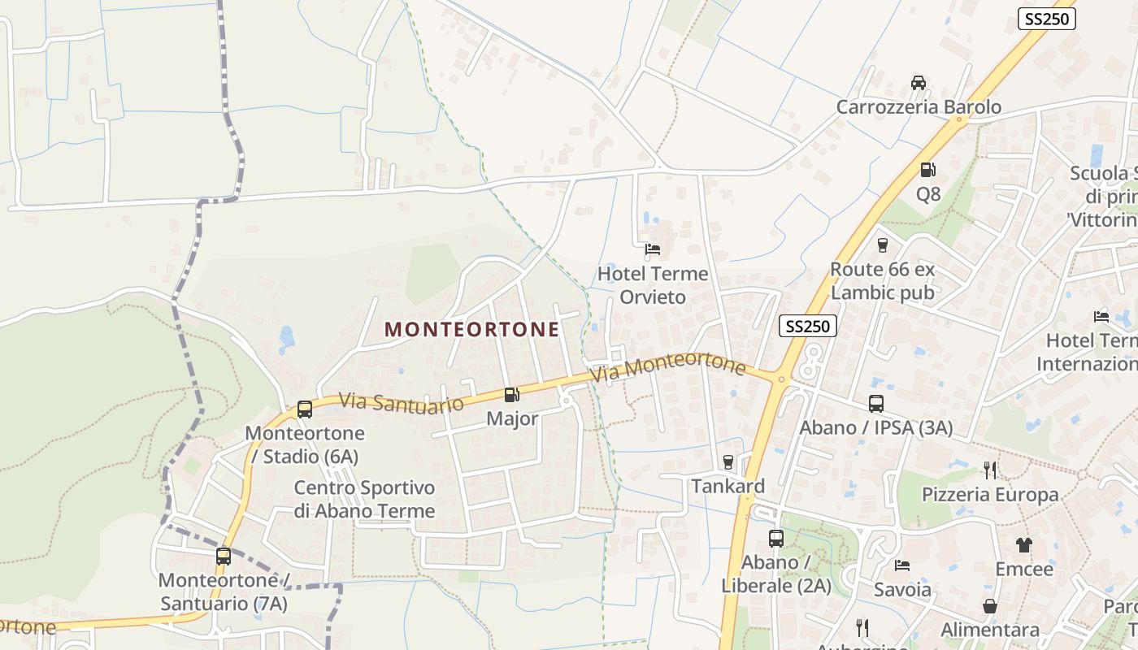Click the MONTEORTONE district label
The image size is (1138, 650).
click(471, 329)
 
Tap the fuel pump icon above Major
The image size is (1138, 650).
click(511, 395)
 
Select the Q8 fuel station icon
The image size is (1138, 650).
click(927, 170)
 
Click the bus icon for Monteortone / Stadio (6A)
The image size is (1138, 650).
click(305, 409)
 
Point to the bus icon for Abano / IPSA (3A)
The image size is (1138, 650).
click(875, 403)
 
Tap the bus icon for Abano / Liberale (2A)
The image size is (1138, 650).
click(775, 538)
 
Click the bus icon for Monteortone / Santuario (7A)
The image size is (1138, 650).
click(224, 557)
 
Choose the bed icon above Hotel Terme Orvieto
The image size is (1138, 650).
click(652, 249)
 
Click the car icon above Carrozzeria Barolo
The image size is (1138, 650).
click(918, 83)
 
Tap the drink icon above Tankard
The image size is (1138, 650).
click(728, 462)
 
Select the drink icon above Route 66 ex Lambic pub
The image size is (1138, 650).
click(882, 245)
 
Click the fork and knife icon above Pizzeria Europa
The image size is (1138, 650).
click(989, 470)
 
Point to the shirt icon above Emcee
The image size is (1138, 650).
click(1023, 545)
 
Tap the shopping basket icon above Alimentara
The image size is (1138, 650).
click(989, 606)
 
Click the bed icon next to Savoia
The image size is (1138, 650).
click(901, 565)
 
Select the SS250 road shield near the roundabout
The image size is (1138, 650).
click(808, 327)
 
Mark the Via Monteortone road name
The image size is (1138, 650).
click(668, 367)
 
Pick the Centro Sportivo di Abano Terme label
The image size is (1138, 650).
click(364, 499)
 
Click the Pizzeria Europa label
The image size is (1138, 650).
click(989, 495)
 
